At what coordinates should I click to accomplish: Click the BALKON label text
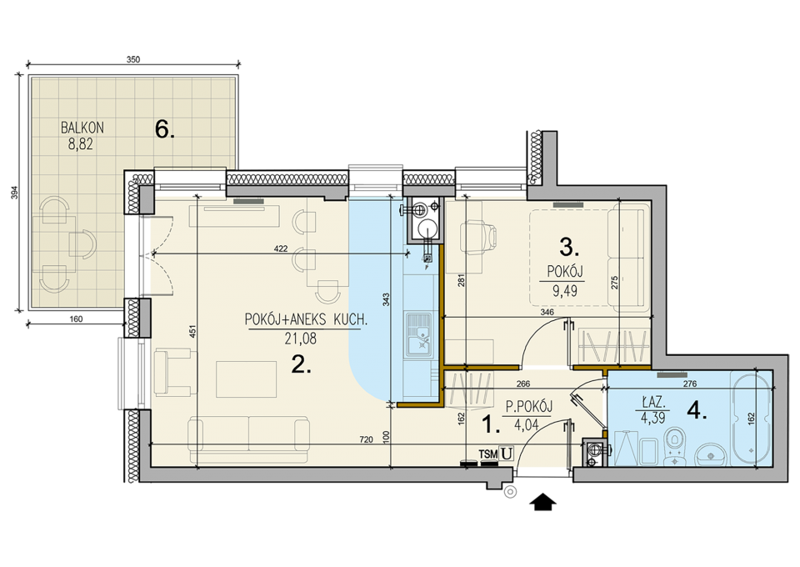(x=82, y=128)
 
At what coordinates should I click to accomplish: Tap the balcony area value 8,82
(x=81, y=144)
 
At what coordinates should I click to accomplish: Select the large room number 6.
(x=165, y=130)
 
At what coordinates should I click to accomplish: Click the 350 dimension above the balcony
(x=132, y=59)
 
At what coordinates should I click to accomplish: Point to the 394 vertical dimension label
(x=15, y=193)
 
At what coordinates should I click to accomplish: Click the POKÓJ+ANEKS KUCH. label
(x=306, y=320)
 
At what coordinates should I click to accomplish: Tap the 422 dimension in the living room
(x=281, y=249)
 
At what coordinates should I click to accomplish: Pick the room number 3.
(x=569, y=248)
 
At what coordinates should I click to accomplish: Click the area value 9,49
(x=565, y=291)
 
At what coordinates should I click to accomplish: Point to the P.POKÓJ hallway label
(x=529, y=407)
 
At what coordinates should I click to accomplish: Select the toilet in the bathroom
(x=677, y=444)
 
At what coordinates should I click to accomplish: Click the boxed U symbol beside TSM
(x=506, y=453)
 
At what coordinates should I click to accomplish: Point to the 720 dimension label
(x=367, y=439)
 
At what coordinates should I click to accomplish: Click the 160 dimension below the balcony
(x=75, y=319)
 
